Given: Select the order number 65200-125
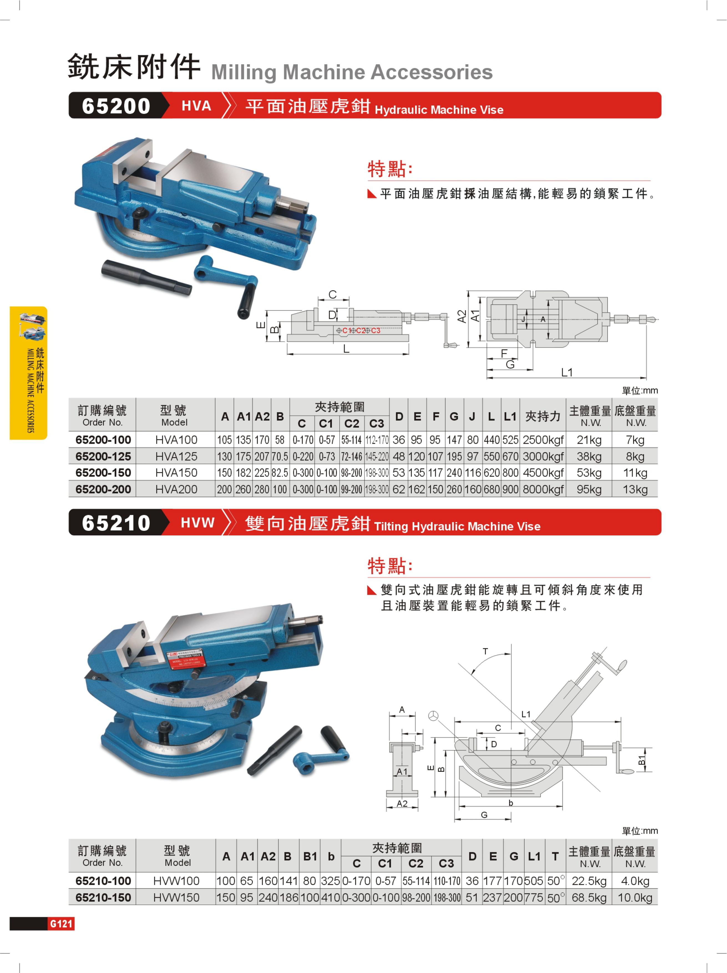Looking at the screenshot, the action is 103,456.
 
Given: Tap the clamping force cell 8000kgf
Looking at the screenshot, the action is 543,489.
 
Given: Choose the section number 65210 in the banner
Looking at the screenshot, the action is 116,523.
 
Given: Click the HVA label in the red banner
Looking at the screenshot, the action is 196,106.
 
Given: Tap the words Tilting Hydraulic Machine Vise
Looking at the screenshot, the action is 457,526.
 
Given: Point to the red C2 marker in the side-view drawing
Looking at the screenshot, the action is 361,330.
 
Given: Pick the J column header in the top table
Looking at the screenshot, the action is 472,416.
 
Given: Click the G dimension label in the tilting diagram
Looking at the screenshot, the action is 484,815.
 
